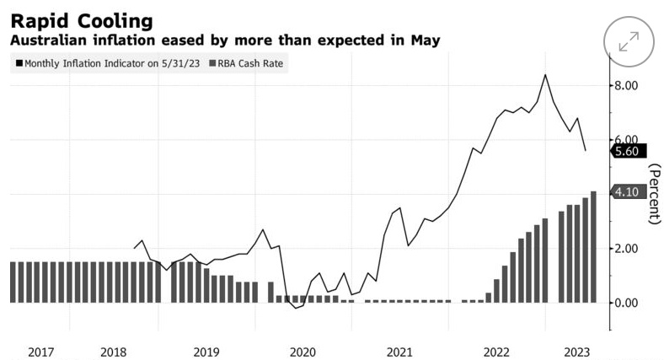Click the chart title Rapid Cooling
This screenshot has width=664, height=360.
82,19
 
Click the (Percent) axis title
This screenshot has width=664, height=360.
654,194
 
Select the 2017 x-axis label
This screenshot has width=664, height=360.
41,351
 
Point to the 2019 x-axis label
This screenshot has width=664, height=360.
208,351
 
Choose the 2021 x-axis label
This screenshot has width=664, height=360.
399,351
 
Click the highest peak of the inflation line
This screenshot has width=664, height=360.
545,75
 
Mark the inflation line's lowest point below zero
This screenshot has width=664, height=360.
296,309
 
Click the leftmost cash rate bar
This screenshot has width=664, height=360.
13,282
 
